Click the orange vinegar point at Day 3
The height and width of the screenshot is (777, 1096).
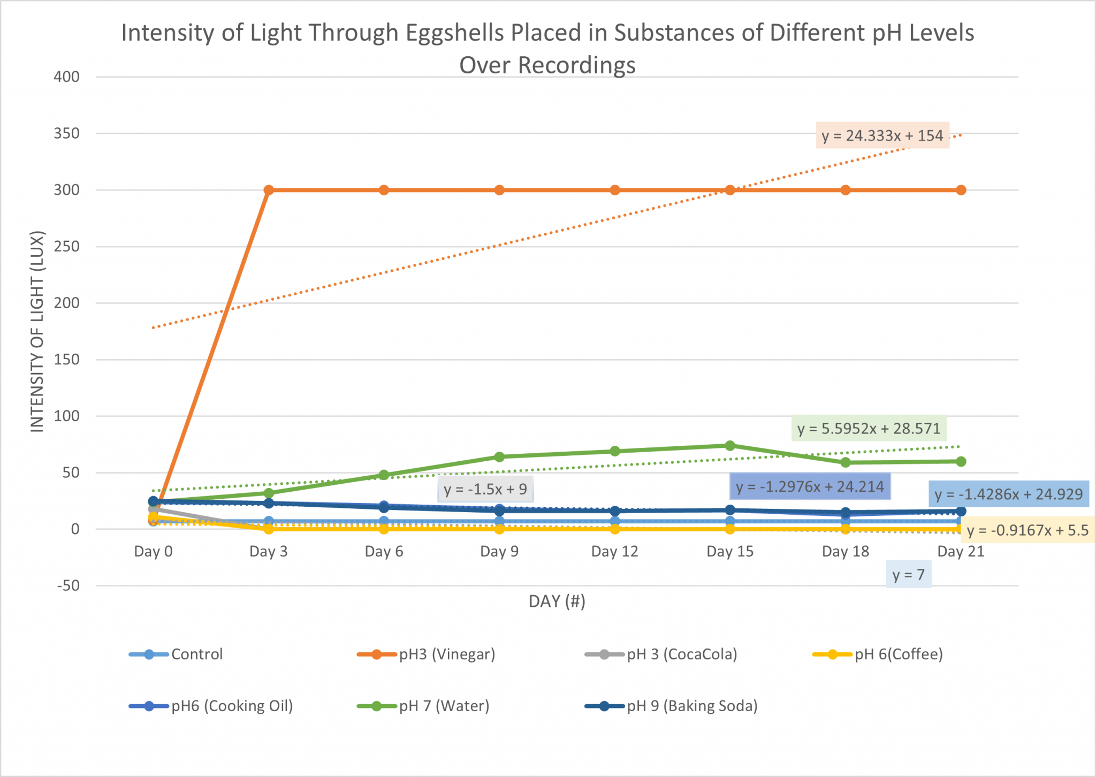(269, 190)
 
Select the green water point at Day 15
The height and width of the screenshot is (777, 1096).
(730, 445)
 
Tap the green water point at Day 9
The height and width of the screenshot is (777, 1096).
(499, 456)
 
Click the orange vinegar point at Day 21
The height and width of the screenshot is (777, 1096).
(961, 190)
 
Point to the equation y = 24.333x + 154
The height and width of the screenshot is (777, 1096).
(882, 135)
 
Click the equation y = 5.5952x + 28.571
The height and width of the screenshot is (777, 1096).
(869, 428)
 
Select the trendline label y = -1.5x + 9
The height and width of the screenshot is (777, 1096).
(485, 489)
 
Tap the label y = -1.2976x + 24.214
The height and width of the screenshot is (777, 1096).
(809, 486)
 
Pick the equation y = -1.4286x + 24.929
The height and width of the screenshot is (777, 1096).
(1008, 494)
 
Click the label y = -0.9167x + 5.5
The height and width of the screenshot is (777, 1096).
(1027, 530)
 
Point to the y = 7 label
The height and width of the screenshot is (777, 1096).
(908, 574)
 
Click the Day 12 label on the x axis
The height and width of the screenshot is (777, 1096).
(614, 551)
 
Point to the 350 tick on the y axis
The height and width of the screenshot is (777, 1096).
(66, 133)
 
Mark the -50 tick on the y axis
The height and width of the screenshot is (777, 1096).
(68, 585)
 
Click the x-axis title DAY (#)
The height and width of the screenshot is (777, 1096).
(557, 601)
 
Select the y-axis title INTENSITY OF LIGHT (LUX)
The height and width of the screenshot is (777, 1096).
(37, 331)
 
